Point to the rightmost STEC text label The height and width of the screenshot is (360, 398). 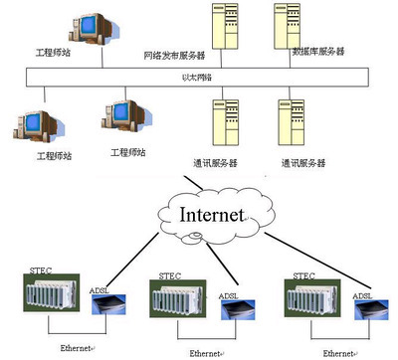pos(304,273)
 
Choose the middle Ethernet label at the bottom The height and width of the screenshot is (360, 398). pos(207,352)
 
